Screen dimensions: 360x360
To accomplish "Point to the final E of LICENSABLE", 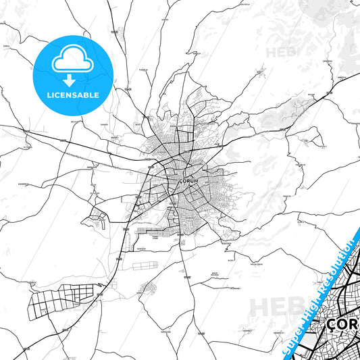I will [97, 95].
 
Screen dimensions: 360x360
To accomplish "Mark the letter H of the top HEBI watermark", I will [271, 51].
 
